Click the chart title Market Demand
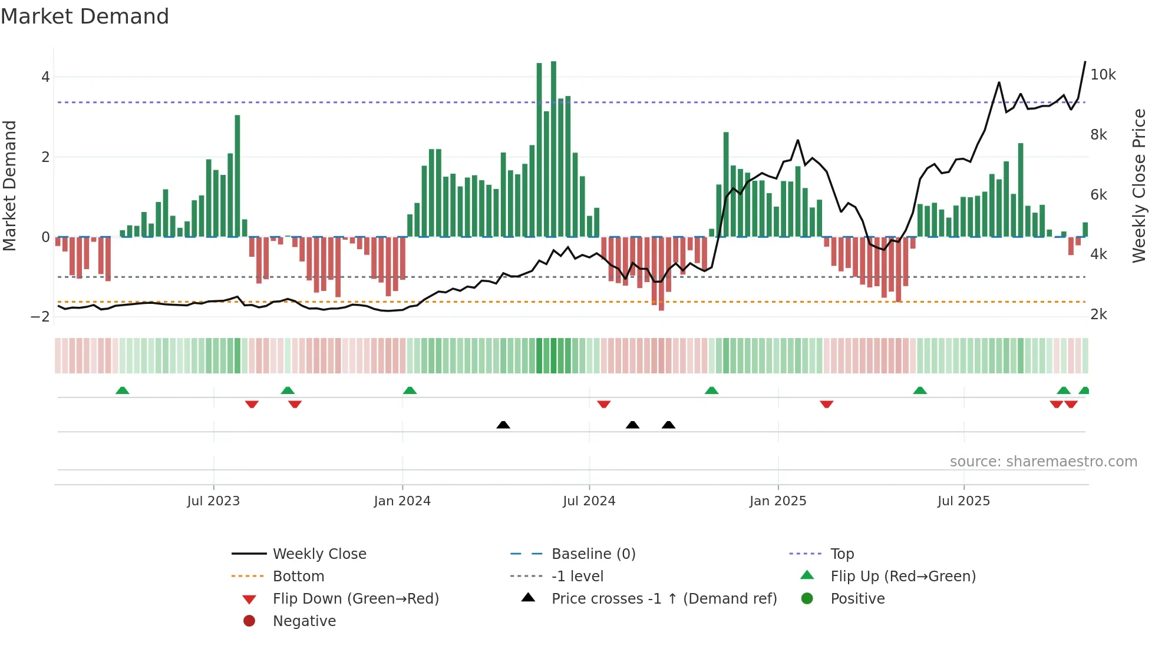[85, 16]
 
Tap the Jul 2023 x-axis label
[213, 501]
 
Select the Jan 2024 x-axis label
[402, 501]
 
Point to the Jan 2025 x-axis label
[778, 501]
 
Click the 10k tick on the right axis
[1103, 75]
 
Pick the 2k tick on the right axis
[1098, 314]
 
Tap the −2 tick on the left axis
[40, 317]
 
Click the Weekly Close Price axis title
[1139, 186]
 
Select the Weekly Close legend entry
[319, 554]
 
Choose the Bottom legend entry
[298, 577]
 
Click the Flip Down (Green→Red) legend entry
[355, 599]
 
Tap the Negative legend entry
[304, 621]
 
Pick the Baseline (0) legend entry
[593, 554]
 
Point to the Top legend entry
[842, 554]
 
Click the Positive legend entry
[857, 599]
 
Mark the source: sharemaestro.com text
[1043, 462]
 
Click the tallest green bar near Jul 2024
[553, 147]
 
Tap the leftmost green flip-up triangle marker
[123, 390]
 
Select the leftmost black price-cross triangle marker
[503, 425]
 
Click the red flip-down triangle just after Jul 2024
[603, 404]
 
